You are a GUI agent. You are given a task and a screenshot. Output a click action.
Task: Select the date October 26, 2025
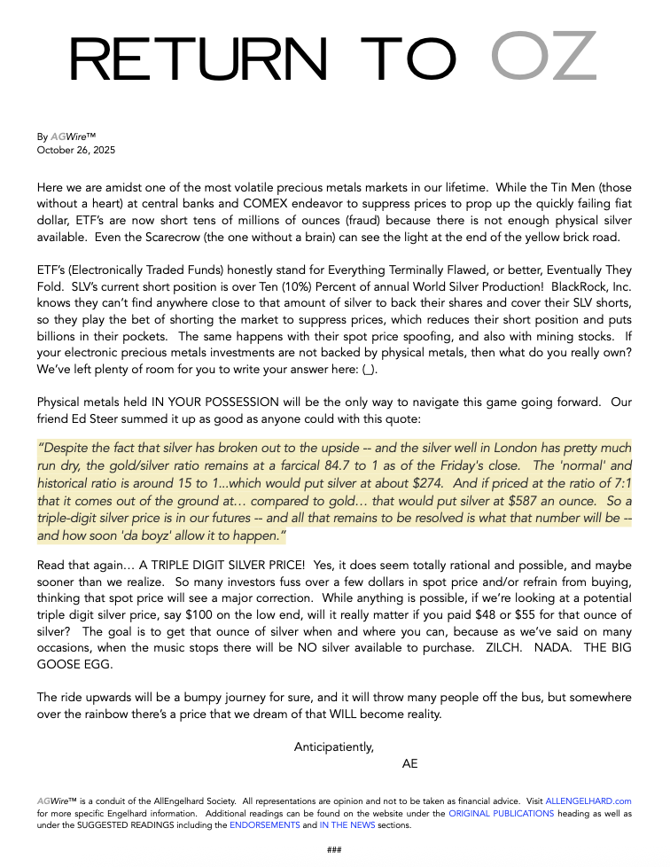click(x=76, y=151)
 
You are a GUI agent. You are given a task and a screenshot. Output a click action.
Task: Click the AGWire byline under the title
click(x=74, y=137)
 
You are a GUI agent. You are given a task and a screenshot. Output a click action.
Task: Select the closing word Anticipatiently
click(x=334, y=746)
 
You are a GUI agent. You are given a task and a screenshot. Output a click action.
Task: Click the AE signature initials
click(x=409, y=763)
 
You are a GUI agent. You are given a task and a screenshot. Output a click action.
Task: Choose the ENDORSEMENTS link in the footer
click(x=264, y=825)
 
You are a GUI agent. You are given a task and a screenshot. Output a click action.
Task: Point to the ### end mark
click(x=334, y=849)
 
